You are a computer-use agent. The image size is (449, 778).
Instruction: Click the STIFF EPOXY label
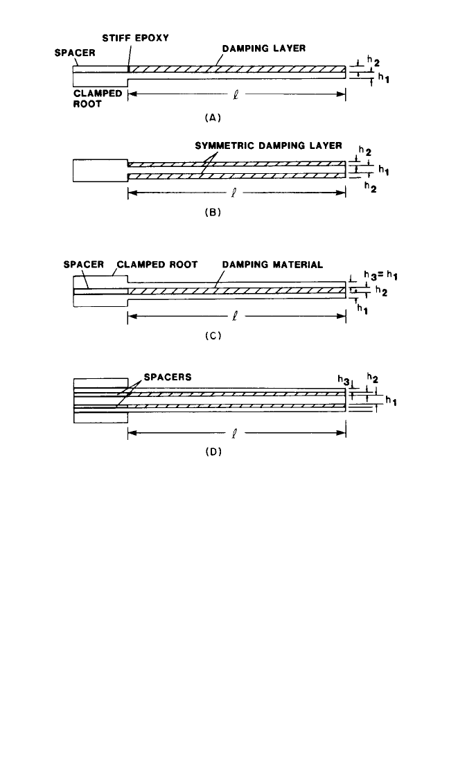[x=135, y=37]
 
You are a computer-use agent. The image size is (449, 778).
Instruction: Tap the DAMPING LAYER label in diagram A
[x=263, y=48]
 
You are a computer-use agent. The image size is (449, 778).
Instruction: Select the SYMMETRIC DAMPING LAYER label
[x=268, y=145]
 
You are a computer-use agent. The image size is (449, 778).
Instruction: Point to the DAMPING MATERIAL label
[x=272, y=265]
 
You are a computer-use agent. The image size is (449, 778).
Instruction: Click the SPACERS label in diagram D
[x=167, y=377]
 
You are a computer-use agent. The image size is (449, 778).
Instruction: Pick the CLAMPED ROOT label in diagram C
[x=157, y=265]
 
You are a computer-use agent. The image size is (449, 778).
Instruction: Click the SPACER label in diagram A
[x=74, y=53]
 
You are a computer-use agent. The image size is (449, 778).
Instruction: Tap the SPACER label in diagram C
[x=83, y=265]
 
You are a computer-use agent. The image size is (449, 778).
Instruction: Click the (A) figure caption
[x=213, y=118]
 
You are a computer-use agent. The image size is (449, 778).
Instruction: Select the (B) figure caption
[x=213, y=213]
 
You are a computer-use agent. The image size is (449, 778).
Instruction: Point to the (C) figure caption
[x=213, y=336]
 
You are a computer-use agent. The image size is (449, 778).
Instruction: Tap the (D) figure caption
[x=213, y=452]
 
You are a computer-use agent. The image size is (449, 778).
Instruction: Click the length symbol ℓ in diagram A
[x=235, y=94]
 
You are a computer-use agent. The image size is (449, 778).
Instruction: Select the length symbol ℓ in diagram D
[x=235, y=433]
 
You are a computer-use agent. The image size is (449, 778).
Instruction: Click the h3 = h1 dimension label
[x=380, y=276]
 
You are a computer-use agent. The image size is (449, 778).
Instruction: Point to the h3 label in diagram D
[x=343, y=380]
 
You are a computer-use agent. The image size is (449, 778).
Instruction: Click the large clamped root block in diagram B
[x=100, y=170]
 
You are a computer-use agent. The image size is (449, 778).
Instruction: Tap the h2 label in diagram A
[x=373, y=60]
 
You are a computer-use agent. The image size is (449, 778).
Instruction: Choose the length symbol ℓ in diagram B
[x=235, y=193]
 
